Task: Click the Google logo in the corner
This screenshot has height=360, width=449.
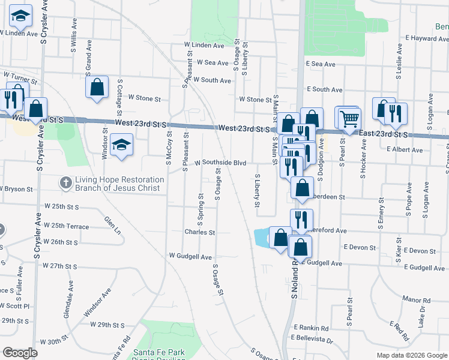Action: [20, 353]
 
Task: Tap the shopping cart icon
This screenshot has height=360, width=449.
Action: [349, 118]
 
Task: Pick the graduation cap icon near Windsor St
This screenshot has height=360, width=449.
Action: [121, 145]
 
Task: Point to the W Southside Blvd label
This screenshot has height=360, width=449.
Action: [220, 162]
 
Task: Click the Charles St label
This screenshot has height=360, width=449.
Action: [199, 232]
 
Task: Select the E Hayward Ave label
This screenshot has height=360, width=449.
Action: [423, 38]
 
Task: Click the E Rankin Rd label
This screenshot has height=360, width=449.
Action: [312, 328]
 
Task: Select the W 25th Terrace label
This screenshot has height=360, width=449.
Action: [67, 226]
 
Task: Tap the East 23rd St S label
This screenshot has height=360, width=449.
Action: [383, 133]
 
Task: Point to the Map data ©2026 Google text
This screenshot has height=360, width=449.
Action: [411, 355]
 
